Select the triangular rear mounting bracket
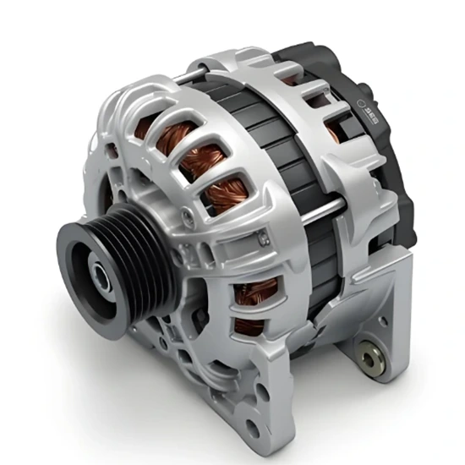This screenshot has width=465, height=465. (x=372, y=321)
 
